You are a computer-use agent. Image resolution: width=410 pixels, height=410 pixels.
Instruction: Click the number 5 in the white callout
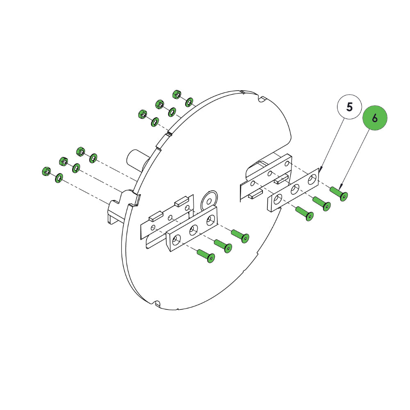click(349, 107)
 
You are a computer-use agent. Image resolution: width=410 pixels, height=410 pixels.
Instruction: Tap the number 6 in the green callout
click(375, 118)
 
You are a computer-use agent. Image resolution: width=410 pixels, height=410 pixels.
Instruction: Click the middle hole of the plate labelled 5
click(295, 189)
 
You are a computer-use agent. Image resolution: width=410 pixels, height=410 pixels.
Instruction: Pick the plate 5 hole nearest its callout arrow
click(312, 180)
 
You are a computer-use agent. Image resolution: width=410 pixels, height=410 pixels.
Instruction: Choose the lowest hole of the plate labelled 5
click(278, 199)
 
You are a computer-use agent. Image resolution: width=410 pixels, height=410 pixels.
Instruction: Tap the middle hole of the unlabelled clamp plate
click(194, 230)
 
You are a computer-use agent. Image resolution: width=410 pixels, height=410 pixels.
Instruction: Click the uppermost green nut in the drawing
click(177, 94)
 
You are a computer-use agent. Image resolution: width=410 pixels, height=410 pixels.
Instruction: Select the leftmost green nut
click(46, 171)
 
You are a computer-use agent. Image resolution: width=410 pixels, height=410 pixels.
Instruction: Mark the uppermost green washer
click(189, 102)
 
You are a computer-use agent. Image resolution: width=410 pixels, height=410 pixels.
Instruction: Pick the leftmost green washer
click(59, 178)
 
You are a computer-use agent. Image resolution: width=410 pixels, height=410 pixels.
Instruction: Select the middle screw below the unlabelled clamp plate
click(223, 246)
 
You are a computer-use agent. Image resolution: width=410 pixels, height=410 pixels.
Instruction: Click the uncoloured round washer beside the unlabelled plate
click(209, 200)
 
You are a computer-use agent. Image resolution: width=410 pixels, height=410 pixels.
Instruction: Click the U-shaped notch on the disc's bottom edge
click(157, 303)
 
